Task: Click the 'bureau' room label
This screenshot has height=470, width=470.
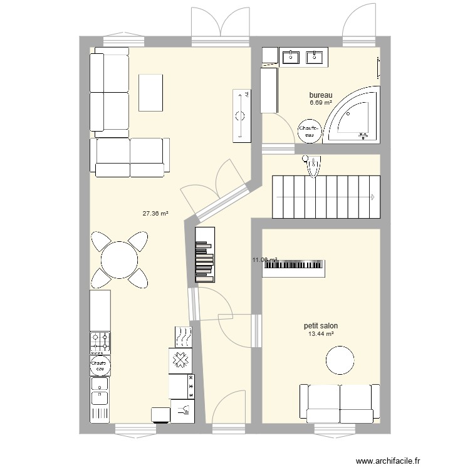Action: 320,95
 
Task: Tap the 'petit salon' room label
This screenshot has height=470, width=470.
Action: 320,326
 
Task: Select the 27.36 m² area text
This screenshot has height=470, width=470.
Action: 155,214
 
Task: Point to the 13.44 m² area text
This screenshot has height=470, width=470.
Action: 320,335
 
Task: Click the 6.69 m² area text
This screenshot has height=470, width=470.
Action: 320,103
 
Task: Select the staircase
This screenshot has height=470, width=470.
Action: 326,197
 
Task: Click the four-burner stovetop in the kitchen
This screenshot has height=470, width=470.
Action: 100,342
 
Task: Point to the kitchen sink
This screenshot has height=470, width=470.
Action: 100,390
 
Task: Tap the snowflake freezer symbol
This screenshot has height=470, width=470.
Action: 180,360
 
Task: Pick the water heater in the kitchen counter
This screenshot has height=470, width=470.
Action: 100,365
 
